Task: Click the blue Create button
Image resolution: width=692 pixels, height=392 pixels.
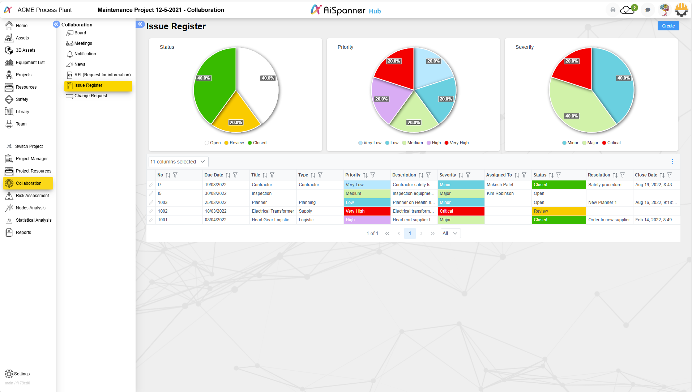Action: click(x=668, y=26)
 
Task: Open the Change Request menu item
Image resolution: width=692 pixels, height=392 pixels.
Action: click(x=90, y=96)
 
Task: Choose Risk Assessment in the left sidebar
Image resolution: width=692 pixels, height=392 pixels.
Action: click(x=32, y=196)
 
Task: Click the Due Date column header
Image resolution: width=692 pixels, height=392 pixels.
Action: click(x=214, y=175)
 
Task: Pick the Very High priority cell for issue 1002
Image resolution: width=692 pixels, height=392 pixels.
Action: click(x=367, y=211)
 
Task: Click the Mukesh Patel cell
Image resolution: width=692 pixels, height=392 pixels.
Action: click(x=500, y=185)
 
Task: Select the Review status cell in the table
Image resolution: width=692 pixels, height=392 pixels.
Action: click(x=558, y=211)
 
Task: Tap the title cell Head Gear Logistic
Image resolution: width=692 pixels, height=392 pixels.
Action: click(x=270, y=220)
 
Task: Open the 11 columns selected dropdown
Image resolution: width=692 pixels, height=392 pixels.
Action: click(x=178, y=162)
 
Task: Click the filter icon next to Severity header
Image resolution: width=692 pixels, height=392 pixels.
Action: click(x=468, y=175)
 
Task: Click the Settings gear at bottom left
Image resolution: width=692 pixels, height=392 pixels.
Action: click(x=9, y=374)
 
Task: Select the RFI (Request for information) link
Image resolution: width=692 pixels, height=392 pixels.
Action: click(x=102, y=75)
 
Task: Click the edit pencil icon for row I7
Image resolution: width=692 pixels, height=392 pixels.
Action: click(x=151, y=185)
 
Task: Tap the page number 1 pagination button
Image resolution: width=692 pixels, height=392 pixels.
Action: click(x=410, y=233)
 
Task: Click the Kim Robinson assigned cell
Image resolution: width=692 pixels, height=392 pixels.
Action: click(x=500, y=193)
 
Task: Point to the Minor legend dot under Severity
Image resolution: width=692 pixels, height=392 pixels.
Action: click(x=564, y=143)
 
